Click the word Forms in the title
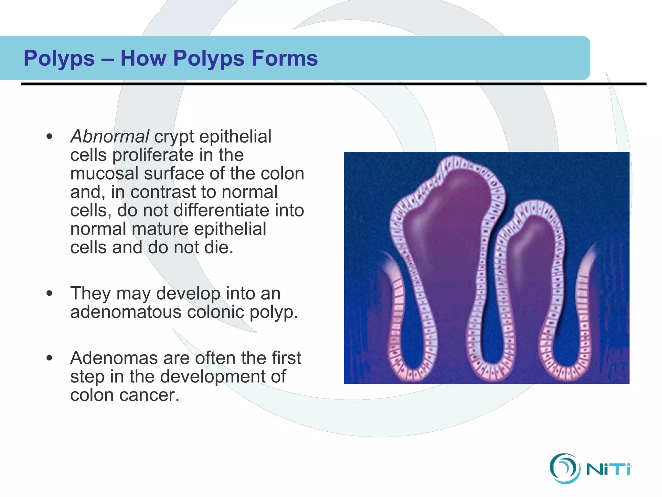click(x=284, y=58)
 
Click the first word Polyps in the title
click(x=59, y=59)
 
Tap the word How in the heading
click(x=143, y=58)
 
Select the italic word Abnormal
click(x=110, y=136)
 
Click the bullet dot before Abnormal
click(x=49, y=136)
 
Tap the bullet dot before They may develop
click(x=49, y=293)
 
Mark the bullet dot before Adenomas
click(x=49, y=358)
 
